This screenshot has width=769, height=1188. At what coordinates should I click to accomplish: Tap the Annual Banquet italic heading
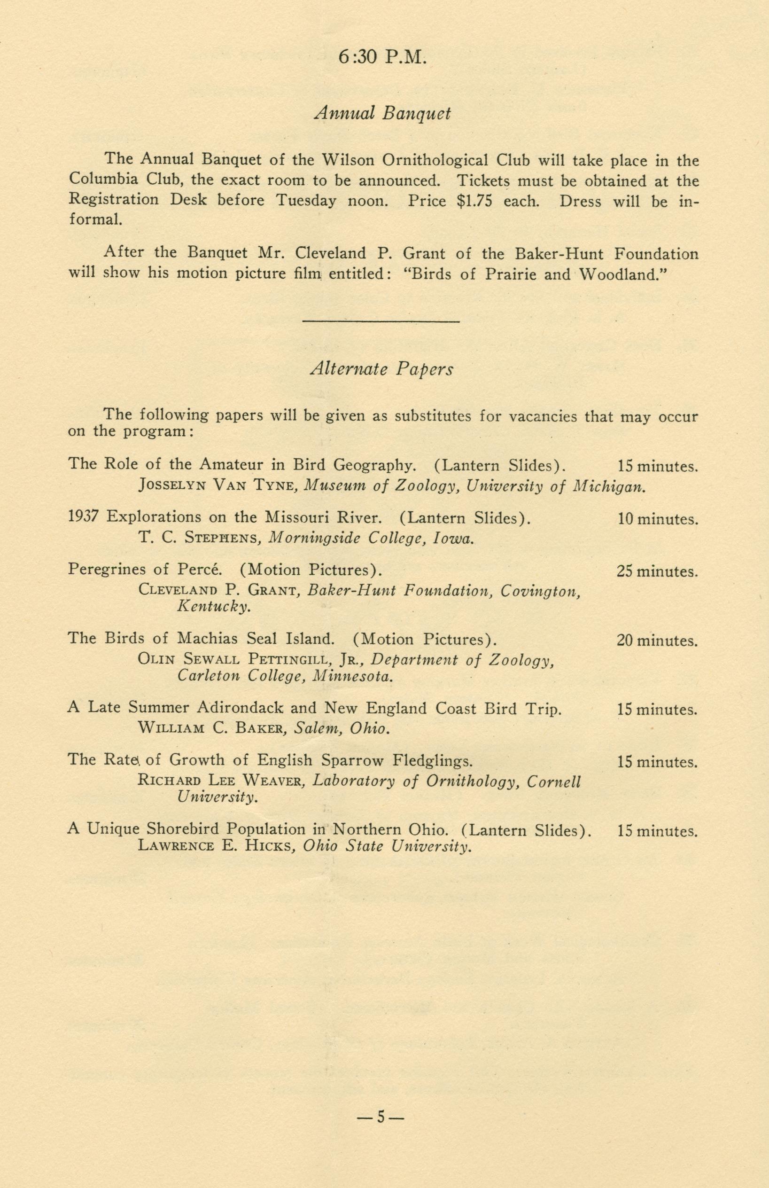click(383, 114)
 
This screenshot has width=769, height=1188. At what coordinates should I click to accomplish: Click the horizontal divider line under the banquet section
click(381, 321)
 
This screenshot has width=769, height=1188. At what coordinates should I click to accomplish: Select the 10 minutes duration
click(657, 519)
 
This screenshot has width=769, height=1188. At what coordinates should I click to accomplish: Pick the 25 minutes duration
click(657, 571)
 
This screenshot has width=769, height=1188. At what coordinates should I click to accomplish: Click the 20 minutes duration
click(657, 641)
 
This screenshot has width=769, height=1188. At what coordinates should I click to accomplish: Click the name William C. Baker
click(211, 728)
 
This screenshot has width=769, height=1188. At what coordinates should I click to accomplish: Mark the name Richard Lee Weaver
click(220, 781)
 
